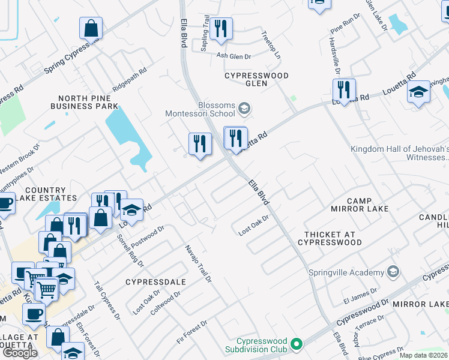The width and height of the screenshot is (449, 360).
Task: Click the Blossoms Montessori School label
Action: [200, 108]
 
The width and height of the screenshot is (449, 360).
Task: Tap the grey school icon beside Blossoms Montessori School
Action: [244, 109]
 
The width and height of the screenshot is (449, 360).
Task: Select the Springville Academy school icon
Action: [393, 272]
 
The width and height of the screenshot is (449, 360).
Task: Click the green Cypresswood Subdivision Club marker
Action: [295, 344]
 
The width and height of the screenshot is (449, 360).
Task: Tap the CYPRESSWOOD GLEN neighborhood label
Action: [256, 79]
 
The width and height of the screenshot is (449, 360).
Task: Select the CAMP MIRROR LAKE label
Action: [360, 205]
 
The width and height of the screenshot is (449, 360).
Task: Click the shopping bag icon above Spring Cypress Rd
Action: [91, 27]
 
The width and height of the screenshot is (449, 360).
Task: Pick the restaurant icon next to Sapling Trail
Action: [221, 28]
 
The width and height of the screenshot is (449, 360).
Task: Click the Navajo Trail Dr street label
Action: [198, 263]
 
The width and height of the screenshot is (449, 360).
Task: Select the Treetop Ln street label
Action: [271, 44]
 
